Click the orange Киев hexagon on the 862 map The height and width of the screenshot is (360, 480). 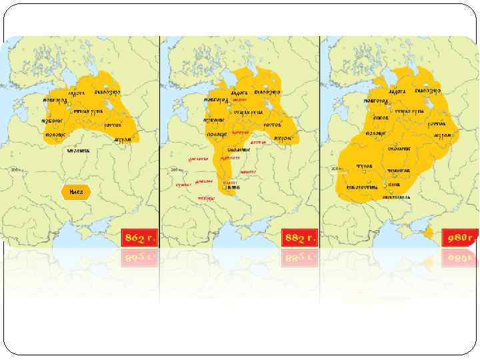(75, 192)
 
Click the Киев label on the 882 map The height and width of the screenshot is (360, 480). (233, 188)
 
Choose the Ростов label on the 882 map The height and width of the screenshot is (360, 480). (274, 125)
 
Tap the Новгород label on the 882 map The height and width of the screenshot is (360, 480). (217, 99)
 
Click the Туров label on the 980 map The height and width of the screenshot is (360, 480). (365, 166)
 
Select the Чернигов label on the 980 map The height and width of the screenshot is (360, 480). (399, 171)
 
